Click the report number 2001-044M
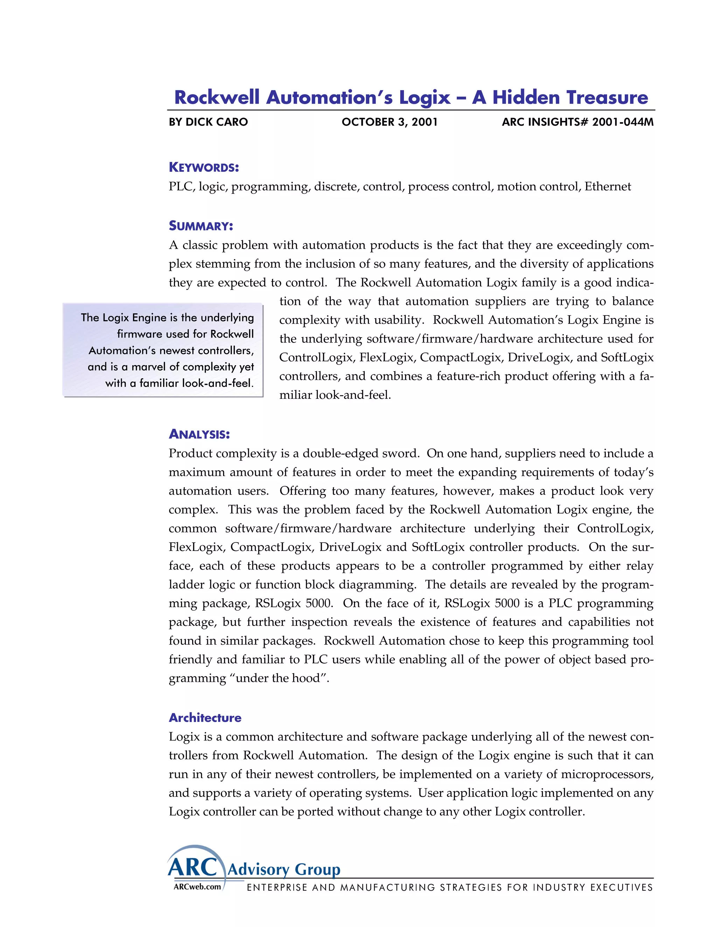click(623, 122)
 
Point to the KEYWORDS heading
click(204, 167)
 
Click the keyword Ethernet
click(607, 187)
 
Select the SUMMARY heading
click(201, 226)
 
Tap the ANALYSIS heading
click(199, 434)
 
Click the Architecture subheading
click(205, 718)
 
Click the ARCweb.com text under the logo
click(197, 887)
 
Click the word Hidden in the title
click(526, 98)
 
